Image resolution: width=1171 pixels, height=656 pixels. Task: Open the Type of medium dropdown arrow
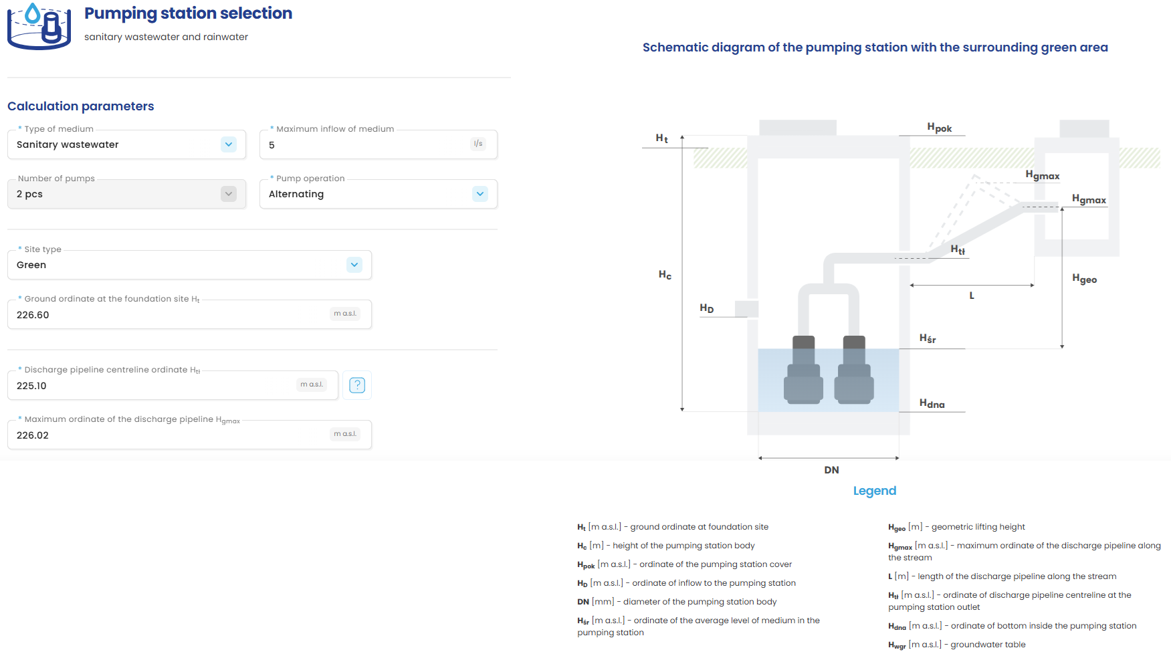pos(229,144)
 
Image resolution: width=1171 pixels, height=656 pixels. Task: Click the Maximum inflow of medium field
pos(368,145)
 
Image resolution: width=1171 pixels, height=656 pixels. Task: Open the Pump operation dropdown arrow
pos(480,194)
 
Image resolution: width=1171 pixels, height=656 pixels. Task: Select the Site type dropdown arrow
pos(354,265)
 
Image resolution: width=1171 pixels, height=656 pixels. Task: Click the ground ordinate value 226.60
pos(33,315)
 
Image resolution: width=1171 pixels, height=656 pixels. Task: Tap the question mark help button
pos(357,385)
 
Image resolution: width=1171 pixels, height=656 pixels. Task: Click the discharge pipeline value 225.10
pos(31,386)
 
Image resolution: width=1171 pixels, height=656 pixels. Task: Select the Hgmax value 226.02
pos(33,435)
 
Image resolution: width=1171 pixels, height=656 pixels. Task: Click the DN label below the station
pos(831,470)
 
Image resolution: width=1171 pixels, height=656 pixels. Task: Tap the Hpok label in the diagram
pos(939,128)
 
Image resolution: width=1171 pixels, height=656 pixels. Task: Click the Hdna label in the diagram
pos(932,403)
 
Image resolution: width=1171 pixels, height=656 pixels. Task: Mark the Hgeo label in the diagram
pos(1084,279)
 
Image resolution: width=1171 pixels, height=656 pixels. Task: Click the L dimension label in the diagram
pos(972,296)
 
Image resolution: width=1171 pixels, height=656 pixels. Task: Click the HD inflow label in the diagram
pos(707,308)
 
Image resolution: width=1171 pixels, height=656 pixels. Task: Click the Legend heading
pos(874,491)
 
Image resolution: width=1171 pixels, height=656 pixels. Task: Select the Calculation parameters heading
pos(81,106)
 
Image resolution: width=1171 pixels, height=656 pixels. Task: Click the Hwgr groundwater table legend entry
pos(956,645)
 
